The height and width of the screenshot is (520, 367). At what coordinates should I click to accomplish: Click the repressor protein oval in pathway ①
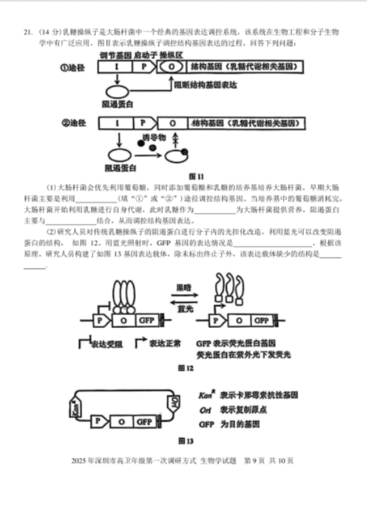(118, 93)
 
